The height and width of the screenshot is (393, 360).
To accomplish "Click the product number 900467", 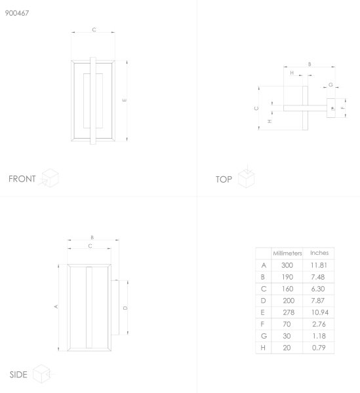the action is tap(17, 13).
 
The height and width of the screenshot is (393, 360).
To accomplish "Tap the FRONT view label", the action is tap(22, 179).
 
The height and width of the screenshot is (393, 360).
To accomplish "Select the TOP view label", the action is tap(224, 179).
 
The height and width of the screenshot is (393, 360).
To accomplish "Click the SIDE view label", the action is tap(18, 375).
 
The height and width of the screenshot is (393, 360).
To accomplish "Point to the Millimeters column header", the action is tap(287, 253).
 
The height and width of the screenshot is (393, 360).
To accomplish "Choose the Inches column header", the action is tap(319, 253).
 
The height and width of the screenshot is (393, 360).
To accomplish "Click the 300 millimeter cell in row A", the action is tap(287, 265).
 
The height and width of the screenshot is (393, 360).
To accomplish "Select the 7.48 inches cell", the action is tap(318, 277).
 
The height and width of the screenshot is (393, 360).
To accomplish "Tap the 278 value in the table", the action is tap(289, 312).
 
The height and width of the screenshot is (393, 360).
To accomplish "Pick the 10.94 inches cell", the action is tap(320, 312).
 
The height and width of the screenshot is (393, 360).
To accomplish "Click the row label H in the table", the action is tap(263, 348).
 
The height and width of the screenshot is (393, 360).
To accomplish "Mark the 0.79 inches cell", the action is tap(319, 348).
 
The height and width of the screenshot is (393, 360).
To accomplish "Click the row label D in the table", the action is tap(263, 301).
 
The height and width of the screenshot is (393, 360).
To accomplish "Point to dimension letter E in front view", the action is tap(125, 100).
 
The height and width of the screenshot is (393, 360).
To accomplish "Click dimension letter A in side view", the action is tap(56, 307).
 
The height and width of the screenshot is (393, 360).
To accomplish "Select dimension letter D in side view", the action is tap(125, 308).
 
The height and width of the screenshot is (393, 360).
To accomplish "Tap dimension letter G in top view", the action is tap(330, 84).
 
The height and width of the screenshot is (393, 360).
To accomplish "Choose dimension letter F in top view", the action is tap(343, 108).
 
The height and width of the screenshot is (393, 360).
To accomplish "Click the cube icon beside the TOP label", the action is tap(247, 178).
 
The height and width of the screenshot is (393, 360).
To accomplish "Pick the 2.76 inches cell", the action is tap(319, 324).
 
